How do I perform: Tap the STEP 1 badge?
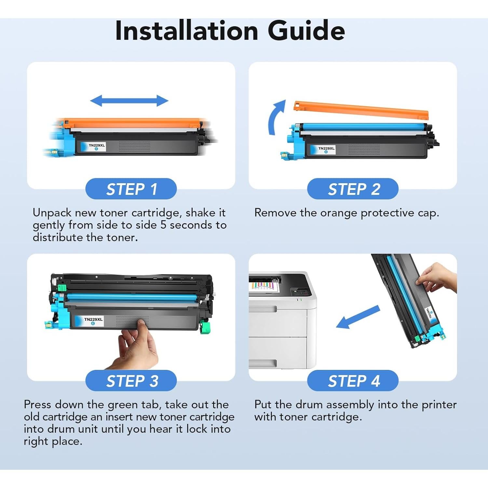click(131, 189)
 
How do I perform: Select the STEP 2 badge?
click(353, 189)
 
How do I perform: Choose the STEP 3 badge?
click(131, 381)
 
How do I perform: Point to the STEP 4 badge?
click(353, 381)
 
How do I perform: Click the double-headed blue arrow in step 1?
click(129, 101)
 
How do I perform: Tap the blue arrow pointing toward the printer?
click(358, 317)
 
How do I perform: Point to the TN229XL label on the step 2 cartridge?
click(326, 150)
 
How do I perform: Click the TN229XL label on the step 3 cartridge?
click(93, 321)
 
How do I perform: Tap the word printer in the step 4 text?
click(439, 405)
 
